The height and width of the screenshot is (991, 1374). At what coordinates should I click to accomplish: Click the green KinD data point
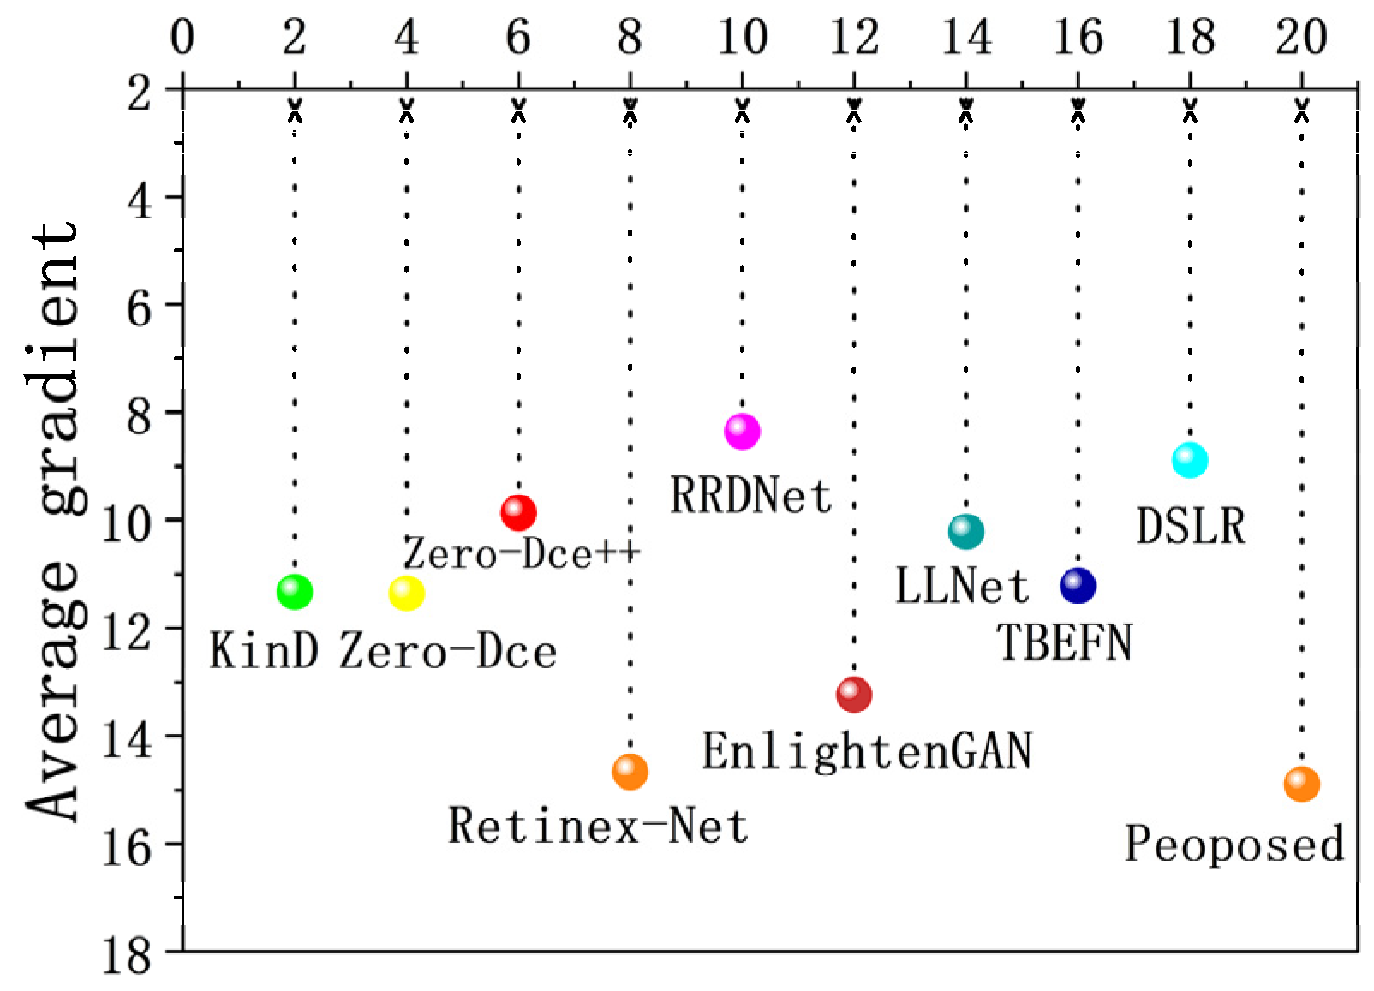click(x=295, y=592)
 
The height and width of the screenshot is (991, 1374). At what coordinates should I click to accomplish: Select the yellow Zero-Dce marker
click(x=406, y=593)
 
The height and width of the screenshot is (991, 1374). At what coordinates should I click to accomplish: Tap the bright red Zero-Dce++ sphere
click(x=518, y=513)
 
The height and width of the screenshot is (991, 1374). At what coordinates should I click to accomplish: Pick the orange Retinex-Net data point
click(x=630, y=772)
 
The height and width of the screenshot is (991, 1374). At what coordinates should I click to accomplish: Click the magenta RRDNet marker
click(x=742, y=431)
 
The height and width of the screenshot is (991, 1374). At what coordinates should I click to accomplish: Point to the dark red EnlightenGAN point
click(x=854, y=694)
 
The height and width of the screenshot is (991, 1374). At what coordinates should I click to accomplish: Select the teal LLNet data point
click(x=966, y=532)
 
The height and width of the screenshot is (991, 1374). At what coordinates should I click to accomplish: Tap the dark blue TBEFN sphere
click(x=1078, y=586)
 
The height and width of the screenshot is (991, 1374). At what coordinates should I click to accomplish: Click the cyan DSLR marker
click(x=1190, y=460)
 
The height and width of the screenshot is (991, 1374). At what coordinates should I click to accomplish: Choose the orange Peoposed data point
click(x=1302, y=784)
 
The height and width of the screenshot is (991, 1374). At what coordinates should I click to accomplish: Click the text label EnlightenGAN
click(x=867, y=752)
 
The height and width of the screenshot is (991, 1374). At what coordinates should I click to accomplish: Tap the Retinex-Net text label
click(x=598, y=827)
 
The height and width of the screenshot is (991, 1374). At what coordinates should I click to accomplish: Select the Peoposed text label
click(x=1234, y=845)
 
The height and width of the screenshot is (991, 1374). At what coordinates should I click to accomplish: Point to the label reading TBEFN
click(x=1064, y=642)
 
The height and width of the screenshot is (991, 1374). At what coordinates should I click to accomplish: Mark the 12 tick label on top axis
click(x=854, y=38)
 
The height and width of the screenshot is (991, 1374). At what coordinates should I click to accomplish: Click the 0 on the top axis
click(x=182, y=38)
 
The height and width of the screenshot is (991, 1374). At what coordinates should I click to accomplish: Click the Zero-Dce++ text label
click(x=522, y=553)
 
